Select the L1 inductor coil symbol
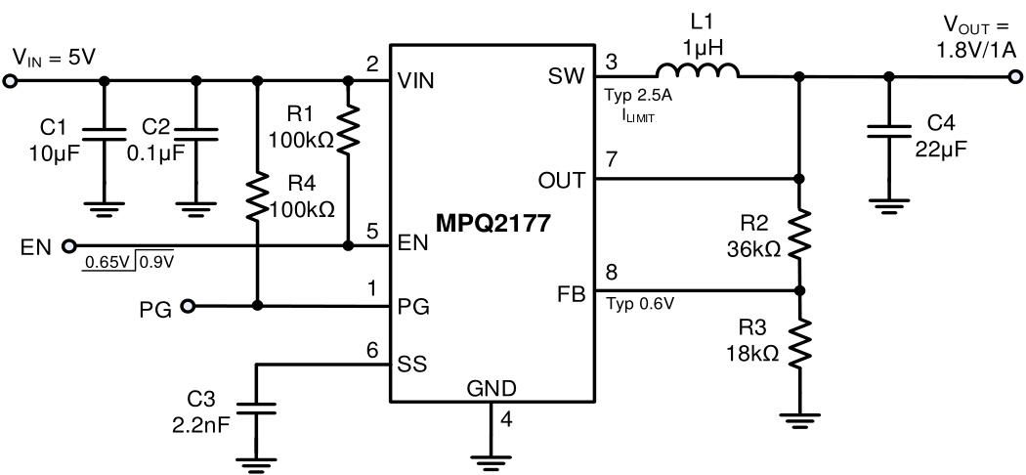(x=697, y=71)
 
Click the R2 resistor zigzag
(x=800, y=235)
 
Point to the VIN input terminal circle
(x=11, y=80)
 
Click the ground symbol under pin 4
(x=491, y=453)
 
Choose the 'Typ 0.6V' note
(x=641, y=302)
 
